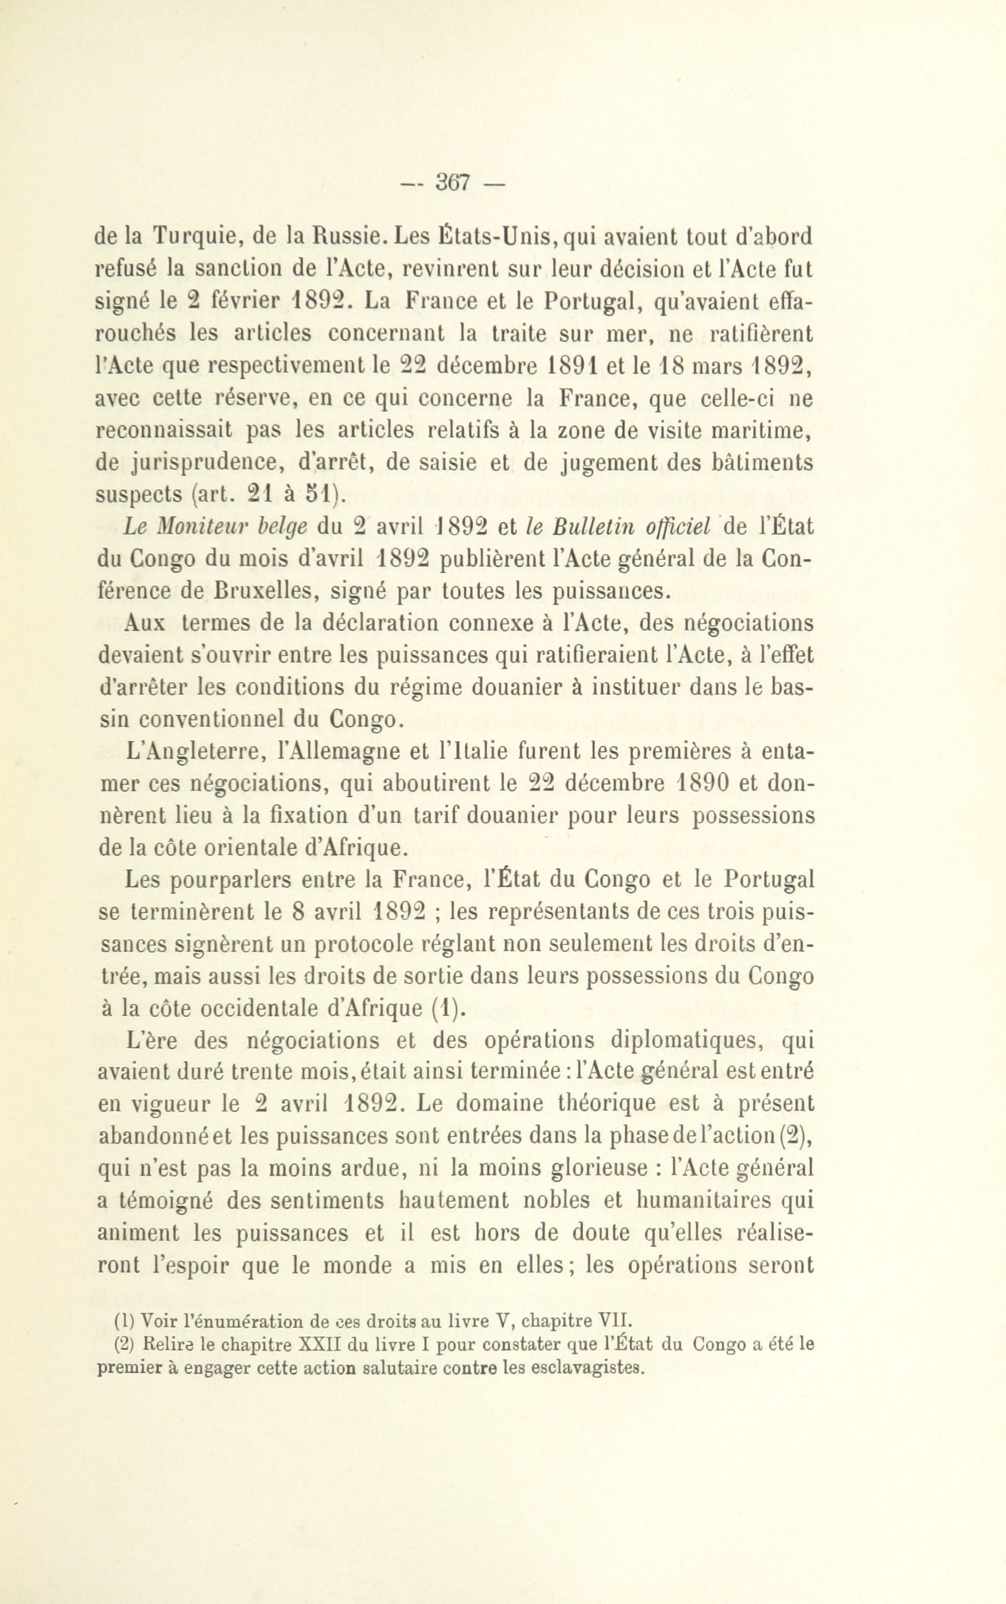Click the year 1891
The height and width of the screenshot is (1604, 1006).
[578, 366]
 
